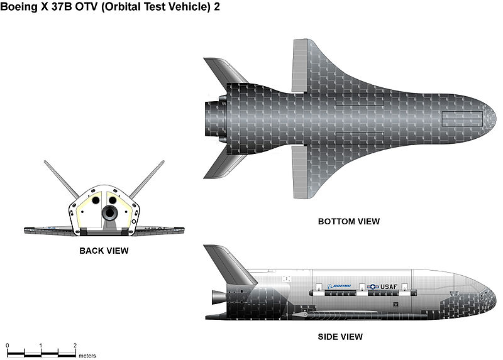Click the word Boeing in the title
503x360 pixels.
[19, 7]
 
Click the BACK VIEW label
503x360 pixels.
[104, 251]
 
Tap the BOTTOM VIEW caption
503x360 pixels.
[348, 221]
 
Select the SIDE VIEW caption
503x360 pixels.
[340, 337]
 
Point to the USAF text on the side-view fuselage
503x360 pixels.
[395, 286]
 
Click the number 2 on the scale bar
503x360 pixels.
[75, 346]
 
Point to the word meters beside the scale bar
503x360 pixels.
[87, 356]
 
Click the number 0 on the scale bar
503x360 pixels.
[8, 346]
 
